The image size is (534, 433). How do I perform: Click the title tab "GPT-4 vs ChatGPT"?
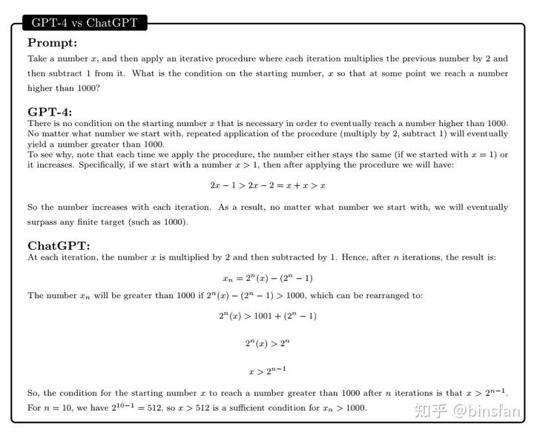point(85,23)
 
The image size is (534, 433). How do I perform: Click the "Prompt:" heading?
point(52,43)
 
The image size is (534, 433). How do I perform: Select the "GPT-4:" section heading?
point(50,112)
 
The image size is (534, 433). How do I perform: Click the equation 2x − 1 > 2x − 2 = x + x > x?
point(268,185)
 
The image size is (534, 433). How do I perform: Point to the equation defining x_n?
point(267,278)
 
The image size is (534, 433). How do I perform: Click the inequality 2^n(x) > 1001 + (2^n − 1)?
point(268,315)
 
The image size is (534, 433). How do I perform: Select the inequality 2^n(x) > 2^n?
point(267,343)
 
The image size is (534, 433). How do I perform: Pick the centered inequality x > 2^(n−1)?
point(267,370)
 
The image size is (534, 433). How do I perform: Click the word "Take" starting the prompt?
point(37,59)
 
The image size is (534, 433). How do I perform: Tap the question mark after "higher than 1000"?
point(99,88)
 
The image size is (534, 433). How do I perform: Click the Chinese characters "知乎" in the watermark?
point(432,409)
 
